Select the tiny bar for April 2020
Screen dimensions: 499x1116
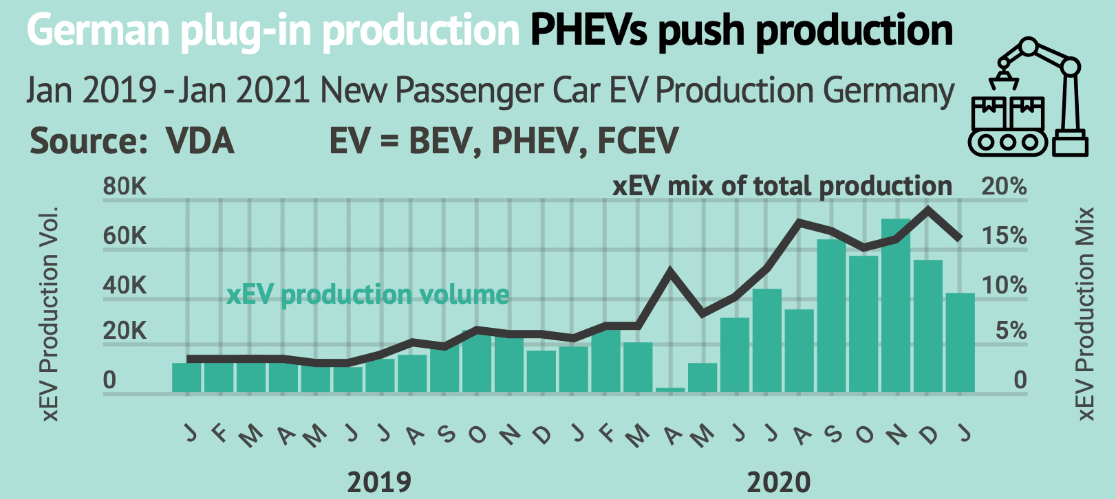[x=670, y=390]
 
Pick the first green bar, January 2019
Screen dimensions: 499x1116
[x=186, y=377]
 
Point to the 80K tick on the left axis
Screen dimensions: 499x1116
[x=125, y=187]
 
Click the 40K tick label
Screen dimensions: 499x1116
[x=125, y=285]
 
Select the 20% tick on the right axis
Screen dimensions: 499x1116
[x=1004, y=186]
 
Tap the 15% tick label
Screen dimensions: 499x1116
[x=1004, y=236]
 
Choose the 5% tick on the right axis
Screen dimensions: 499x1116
[x=1011, y=331]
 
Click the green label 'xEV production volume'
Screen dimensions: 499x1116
[x=368, y=294]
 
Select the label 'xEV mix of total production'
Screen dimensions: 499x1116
[x=782, y=186]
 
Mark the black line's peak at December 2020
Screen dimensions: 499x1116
[x=929, y=208]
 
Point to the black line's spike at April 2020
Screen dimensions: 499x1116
[x=670, y=271]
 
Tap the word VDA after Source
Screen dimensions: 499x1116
[x=200, y=142]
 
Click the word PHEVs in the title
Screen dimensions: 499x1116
[x=589, y=30]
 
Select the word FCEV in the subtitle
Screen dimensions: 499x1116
[x=638, y=142]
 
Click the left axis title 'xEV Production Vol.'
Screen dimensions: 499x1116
[x=50, y=313]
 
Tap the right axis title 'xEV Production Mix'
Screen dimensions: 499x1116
[x=1086, y=313]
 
